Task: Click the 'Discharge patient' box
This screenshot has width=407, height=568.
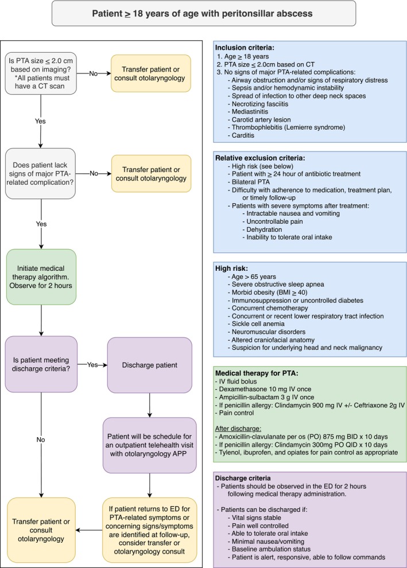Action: [x=150, y=365]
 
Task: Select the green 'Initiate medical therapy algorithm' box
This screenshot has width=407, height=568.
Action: [x=41, y=277]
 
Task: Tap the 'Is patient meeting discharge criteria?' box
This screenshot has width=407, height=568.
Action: [x=41, y=364]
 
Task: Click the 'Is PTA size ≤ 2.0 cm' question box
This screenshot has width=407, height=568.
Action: [x=41, y=73]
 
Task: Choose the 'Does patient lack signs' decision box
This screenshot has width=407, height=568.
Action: [x=40, y=173]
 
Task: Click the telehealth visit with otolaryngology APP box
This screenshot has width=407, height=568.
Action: [x=150, y=445]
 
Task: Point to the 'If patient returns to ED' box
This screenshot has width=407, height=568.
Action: [x=150, y=530]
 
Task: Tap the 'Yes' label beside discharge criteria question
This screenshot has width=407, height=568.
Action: [x=92, y=365]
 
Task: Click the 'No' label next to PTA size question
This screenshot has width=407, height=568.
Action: [x=93, y=73]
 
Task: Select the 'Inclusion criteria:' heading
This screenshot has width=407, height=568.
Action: [x=245, y=48]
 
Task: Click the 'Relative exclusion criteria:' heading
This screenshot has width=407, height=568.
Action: [x=260, y=158]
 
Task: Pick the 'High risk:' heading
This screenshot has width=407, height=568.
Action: [x=231, y=269]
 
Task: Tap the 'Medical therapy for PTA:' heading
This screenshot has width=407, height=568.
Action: [x=257, y=373]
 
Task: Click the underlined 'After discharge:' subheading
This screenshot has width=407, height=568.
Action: [x=238, y=429]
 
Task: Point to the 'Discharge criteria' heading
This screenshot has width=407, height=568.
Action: [x=243, y=478]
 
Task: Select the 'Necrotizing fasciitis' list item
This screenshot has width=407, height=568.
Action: [x=258, y=104]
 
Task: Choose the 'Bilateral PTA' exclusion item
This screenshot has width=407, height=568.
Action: [x=249, y=182]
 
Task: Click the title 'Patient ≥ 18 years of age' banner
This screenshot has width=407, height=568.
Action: [x=204, y=13]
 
